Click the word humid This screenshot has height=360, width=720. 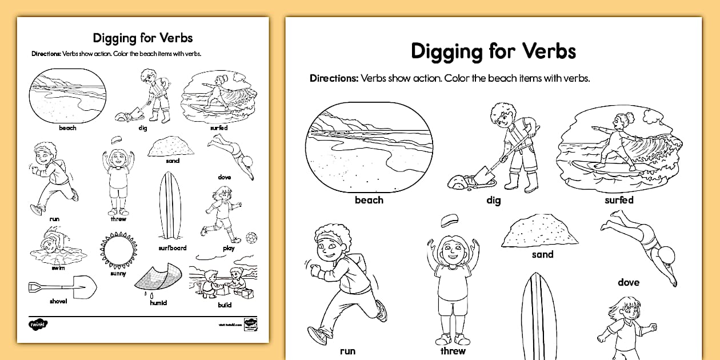(x=158, y=303)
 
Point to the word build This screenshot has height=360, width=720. (x=225, y=305)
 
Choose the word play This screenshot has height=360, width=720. (x=229, y=249)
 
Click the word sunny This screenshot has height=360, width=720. (x=118, y=274)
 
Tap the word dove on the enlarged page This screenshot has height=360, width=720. (x=628, y=282)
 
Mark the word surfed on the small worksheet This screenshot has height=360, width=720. (x=219, y=128)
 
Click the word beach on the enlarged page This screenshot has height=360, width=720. (x=369, y=200)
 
